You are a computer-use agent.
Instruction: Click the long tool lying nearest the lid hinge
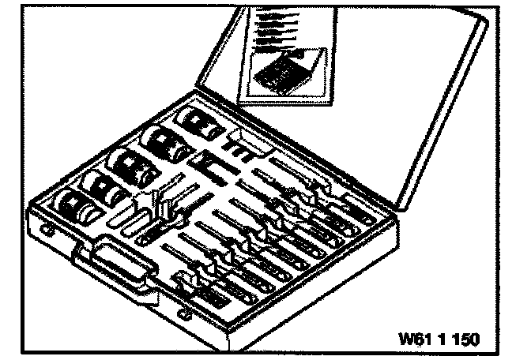coord(300,169)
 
